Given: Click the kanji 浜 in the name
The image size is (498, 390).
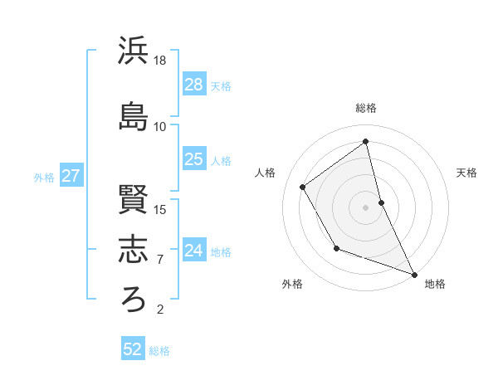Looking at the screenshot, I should pos(134,51).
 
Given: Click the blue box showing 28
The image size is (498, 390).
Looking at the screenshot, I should pos(194,85).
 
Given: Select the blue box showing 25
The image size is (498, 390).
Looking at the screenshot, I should pos(194,159).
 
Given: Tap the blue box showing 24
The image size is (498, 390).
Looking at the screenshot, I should pos(194,251).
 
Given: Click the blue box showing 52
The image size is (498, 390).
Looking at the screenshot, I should pos(133,349).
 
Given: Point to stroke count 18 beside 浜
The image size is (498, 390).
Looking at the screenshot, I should pos(160,61).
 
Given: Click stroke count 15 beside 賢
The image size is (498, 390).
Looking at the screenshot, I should pos(160,209).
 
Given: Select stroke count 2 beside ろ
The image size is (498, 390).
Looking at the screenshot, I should pos(160,310).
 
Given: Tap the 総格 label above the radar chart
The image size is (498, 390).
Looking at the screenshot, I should pos(366,108).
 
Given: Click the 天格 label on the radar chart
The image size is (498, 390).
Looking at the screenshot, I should pos(467,173).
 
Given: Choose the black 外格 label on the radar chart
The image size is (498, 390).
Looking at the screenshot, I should pos(292,284).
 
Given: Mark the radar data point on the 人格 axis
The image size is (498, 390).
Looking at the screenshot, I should pos(303,187).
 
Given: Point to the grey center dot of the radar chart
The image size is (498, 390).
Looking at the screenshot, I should pos(366,207).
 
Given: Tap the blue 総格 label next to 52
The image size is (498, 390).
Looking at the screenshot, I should pos(159,351).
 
